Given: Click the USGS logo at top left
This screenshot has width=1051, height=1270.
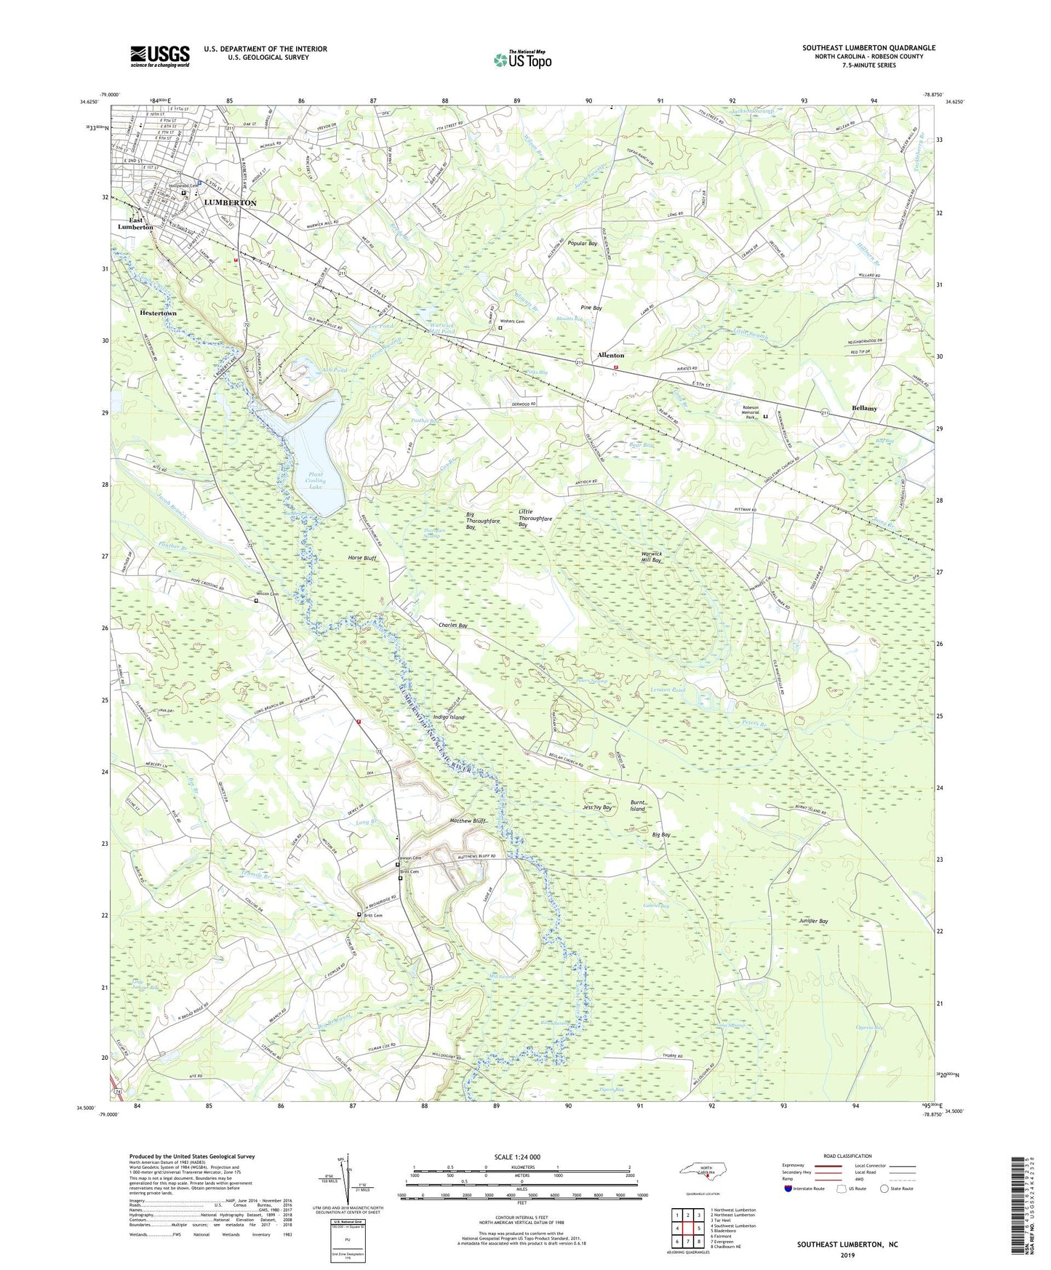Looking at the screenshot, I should (x=160, y=56).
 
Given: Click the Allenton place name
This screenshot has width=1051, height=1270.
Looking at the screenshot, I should (x=610, y=355).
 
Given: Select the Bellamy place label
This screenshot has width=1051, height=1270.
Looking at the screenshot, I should (x=864, y=408).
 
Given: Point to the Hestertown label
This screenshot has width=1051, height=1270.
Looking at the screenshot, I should (x=158, y=313).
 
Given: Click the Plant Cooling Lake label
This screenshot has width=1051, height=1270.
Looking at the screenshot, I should (x=316, y=480).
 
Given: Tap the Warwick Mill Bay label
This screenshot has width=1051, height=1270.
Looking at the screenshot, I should (x=651, y=557).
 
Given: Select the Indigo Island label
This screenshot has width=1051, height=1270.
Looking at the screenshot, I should (x=448, y=717).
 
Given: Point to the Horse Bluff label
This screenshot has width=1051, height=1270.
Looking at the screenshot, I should (x=361, y=558).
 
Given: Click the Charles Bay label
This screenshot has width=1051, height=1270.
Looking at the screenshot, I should (x=452, y=626).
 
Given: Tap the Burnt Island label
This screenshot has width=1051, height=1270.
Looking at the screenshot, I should (x=638, y=805).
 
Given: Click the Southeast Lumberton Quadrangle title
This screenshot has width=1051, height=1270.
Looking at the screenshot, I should (x=868, y=48).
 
